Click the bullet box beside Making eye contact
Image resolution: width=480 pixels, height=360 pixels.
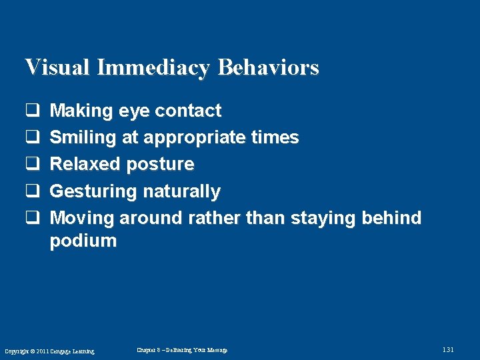[x=31, y=111]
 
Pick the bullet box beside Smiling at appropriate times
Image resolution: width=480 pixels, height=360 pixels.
[x=31, y=138]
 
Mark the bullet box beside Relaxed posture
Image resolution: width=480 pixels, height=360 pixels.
[x=31, y=165]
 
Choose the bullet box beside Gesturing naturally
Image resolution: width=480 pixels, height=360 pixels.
[x=31, y=192]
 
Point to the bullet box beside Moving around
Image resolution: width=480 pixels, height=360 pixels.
[x=31, y=219]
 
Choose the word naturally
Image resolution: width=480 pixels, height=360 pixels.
[x=180, y=192]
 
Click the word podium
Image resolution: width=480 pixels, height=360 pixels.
[x=83, y=241]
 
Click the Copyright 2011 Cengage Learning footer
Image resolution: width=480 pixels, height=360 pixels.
[x=49, y=351]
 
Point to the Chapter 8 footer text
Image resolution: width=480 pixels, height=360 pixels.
[x=181, y=350]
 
